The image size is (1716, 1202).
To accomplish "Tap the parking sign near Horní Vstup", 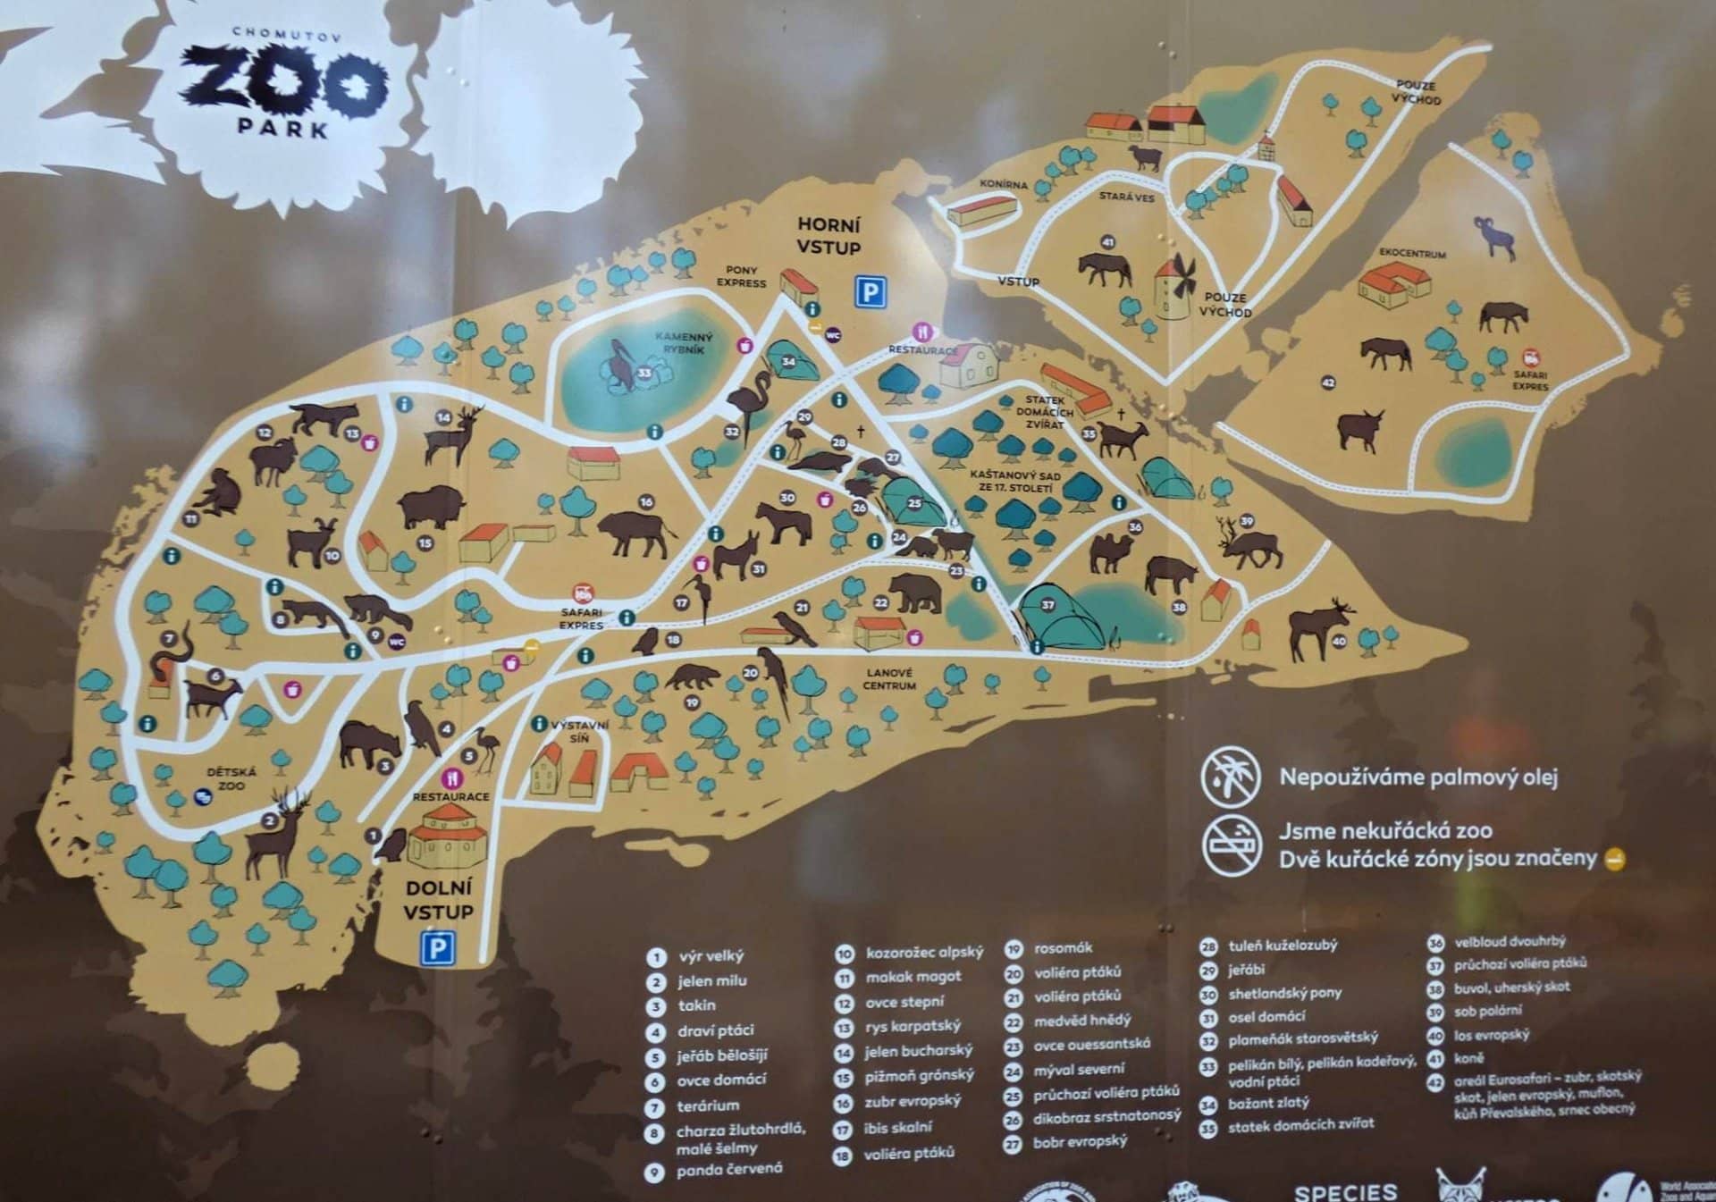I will coord(871,292).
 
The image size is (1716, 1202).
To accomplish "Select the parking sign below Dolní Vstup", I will coord(437,949).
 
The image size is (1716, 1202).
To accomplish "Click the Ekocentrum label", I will coord(1412,254).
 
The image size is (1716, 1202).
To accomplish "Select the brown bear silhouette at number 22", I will coord(915,592).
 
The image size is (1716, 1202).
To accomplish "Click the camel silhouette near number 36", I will coord(1111,553).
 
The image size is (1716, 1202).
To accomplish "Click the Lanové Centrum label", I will coord(889,679).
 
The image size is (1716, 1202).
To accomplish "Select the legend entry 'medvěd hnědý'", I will coord(1081,1020).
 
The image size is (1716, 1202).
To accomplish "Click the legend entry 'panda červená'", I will coord(728,1169).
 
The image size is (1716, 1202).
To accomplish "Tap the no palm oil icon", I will coord(1230,776).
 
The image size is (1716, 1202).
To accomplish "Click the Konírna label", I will coord(1004,185).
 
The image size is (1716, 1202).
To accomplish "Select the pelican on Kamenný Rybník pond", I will coord(626,366).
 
